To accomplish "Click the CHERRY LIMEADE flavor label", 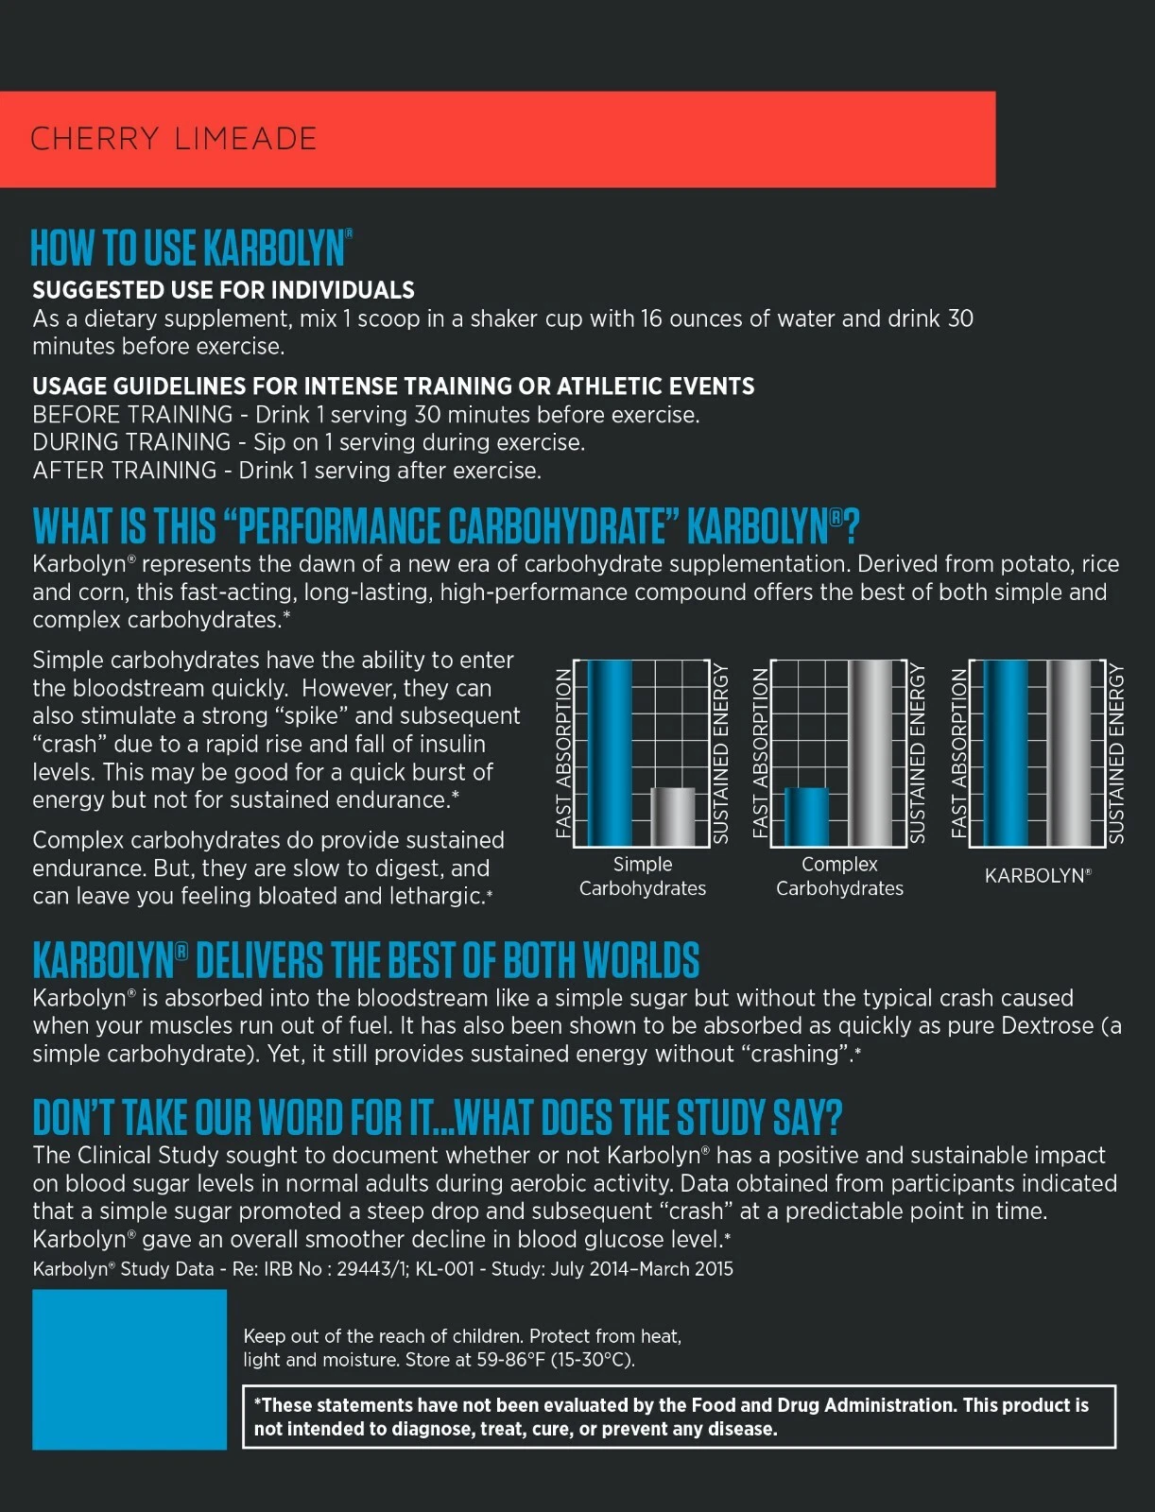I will (174, 139).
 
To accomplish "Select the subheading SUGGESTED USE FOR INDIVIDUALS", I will (223, 290).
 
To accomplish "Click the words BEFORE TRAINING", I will (132, 415).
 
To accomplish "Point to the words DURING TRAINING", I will (131, 442).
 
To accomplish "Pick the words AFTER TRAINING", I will (125, 471).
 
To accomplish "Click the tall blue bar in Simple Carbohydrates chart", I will (610, 753).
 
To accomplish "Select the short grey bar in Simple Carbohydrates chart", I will (673, 816).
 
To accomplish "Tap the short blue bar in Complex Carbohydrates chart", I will (806, 816).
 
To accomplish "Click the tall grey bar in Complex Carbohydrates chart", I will (871, 753).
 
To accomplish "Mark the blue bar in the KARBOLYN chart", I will (1006, 753).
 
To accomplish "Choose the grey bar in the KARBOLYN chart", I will (1069, 753).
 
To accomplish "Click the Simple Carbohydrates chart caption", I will (643, 876).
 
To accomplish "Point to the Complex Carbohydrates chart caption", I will (839, 876).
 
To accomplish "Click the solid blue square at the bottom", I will (129, 1369).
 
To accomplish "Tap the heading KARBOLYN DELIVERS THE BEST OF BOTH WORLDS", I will (366, 960).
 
